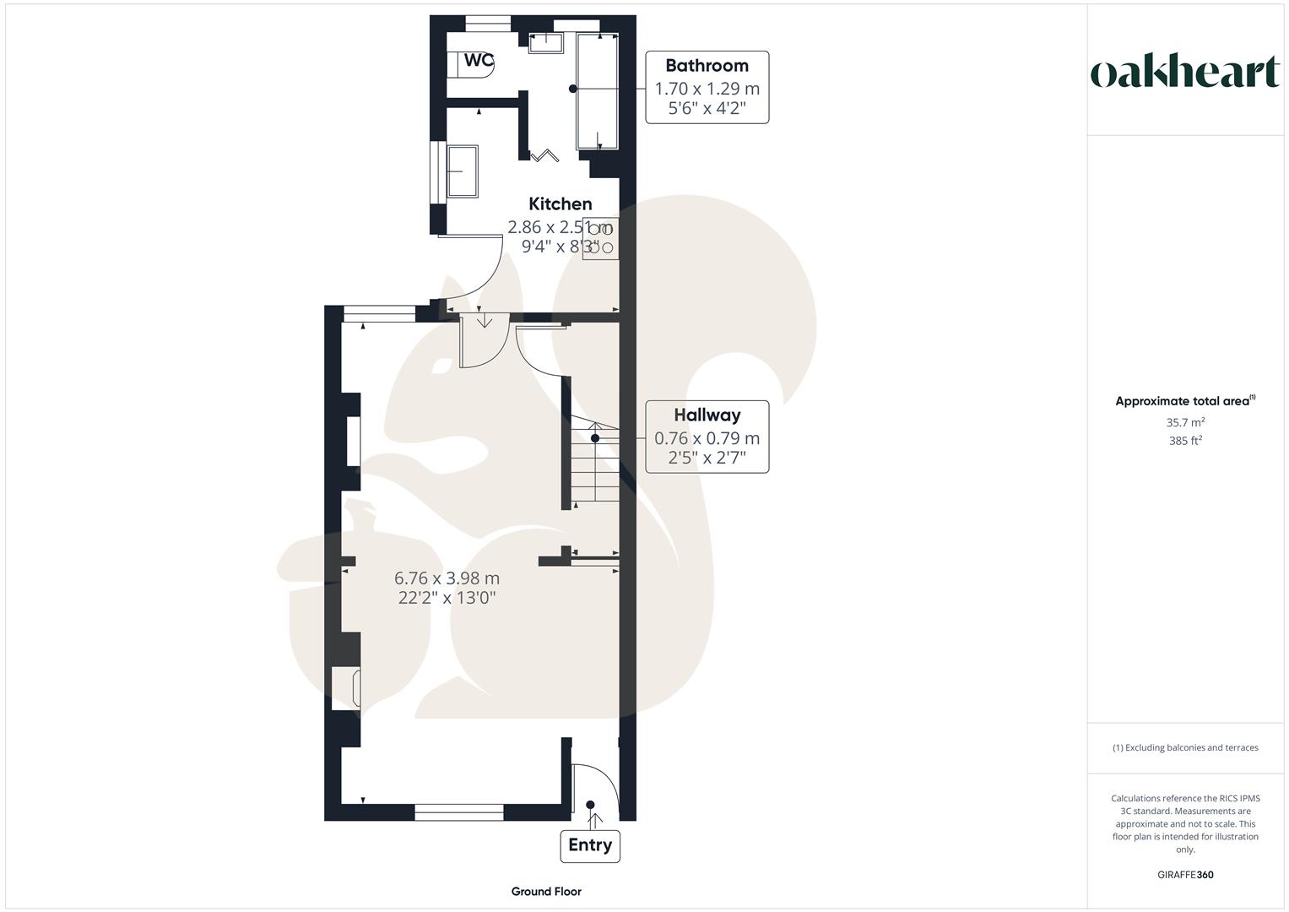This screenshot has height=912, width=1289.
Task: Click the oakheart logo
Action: [x=1184, y=73]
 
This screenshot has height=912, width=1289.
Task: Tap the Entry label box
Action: [x=590, y=845]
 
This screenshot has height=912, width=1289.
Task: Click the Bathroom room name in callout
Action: [x=707, y=66]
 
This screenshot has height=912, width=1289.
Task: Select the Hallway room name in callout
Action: [x=707, y=415]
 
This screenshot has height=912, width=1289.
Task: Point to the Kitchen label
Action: [x=560, y=204]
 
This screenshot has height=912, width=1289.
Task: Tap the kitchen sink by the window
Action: [x=462, y=171]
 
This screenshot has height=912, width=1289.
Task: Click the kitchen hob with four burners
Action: [x=600, y=238]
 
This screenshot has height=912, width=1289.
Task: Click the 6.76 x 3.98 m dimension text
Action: [x=447, y=578]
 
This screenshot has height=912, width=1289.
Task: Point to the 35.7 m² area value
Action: [x=1185, y=422]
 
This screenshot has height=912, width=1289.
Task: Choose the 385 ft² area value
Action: [x=1185, y=441]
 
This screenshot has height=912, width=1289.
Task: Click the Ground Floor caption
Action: [x=546, y=891]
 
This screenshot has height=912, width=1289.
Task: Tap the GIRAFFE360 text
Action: [x=1185, y=875]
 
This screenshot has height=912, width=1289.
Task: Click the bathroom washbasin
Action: [x=545, y=43]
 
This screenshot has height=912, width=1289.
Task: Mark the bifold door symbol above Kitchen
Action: [x=544, y=155]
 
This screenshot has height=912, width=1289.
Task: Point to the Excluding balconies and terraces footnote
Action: [x=1185, y=747]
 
